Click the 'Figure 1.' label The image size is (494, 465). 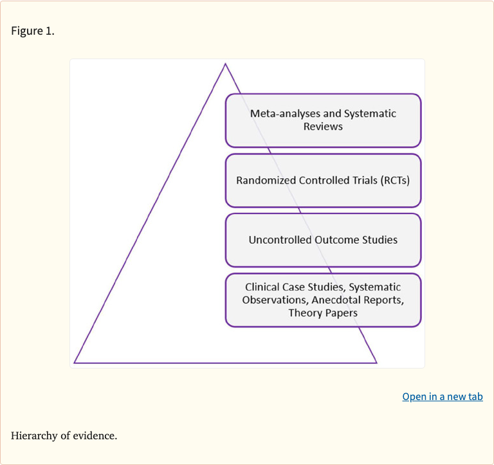click(x=33, y=31)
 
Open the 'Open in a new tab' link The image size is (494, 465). click(x=442, y=396)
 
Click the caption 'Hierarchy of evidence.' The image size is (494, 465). click(x=64, y=435)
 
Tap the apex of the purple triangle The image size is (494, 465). click(x=225, y=64)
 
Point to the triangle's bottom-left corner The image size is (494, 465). click(x=75, y=363)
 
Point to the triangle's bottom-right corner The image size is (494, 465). click(x=376, y=363)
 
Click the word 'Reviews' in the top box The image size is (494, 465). click(x=323, y=127)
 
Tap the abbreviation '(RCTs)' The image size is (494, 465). click(x=394, y=180)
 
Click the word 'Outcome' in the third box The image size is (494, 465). click(x=336, y=240)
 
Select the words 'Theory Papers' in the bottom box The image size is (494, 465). click(x=323, y=313)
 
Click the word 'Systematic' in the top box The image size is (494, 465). click(x=370, y=114)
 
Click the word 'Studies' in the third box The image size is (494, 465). click(x=379, y=240)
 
